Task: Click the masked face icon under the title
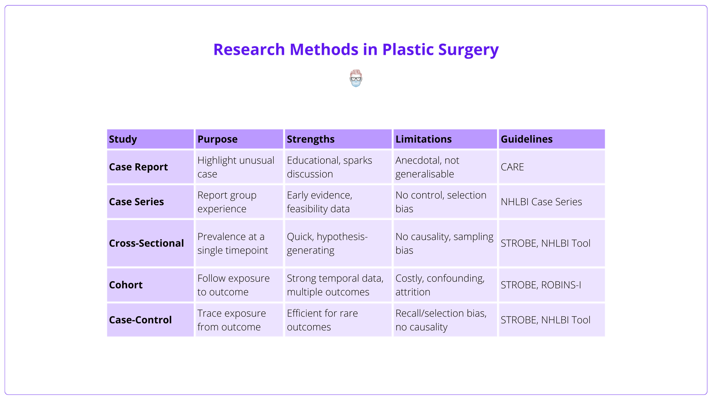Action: (x=356, y=79)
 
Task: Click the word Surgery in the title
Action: (x=468, y=49)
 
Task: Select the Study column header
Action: (x=123, y=139)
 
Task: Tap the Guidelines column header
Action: (x=527, y=139)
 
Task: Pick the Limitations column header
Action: (x=423, y=139)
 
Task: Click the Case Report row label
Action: (x=138, y=167)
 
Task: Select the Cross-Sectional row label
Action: (x=146, y=243)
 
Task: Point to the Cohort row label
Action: (x=126, y=285)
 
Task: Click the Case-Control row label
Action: (x=140, y=320)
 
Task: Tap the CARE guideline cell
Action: (x=512, y=167)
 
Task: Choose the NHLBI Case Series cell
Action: (x=541, y=202)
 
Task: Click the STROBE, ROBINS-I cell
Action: (x=541, y=285)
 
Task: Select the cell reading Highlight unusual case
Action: (x=236, y=167)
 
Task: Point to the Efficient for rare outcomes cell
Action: (x=322, y=320)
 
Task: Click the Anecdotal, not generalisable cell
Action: (x=427, y=167)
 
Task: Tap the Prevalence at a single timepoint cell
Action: (x=232, y=243)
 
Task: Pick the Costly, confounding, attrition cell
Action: (x=440, y=285)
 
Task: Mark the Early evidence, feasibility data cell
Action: (x=319, y=202)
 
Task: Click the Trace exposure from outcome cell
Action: (x=231, y=320)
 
